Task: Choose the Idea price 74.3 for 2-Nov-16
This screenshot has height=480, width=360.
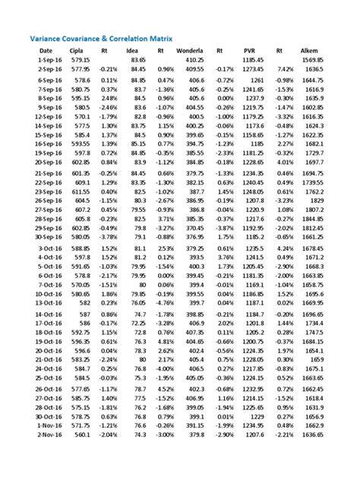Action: click(138, 456)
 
